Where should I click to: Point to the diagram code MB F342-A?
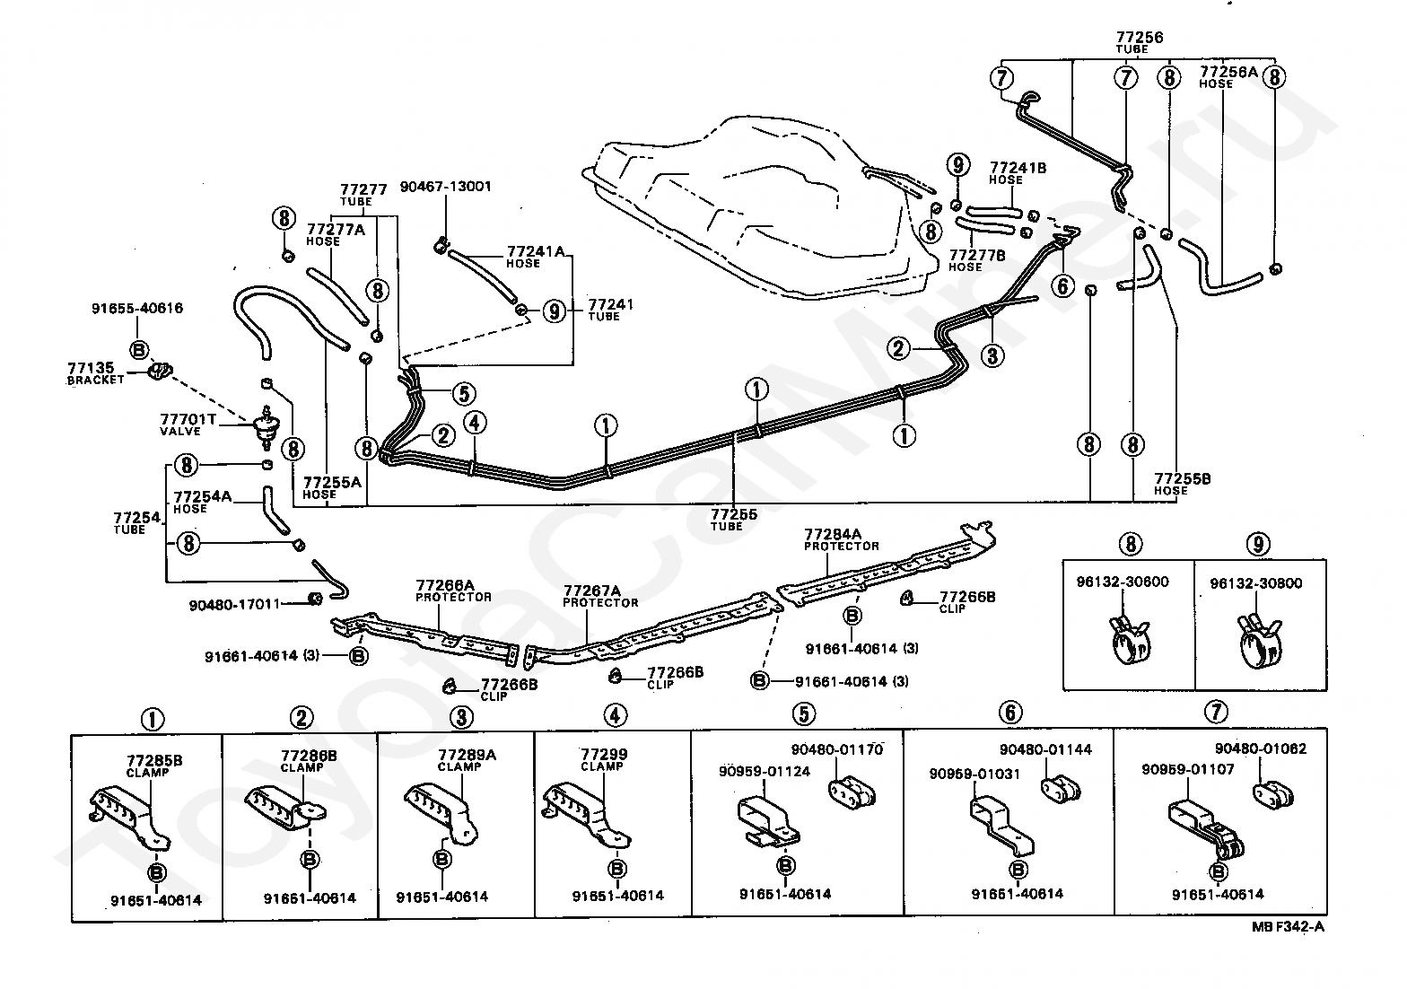(x=1288, y=928)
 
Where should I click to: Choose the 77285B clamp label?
(x=154, y=765)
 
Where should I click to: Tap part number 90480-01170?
(x=836, y=750)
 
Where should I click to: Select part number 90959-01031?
(x=974, y=774)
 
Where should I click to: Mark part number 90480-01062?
(x=1261, y=748)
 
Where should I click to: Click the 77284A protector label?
(x=841, y=538)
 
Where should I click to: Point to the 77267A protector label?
(x=600, y=595)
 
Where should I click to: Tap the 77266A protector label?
(x=453, y=589)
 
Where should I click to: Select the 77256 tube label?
(x=1139, y=41)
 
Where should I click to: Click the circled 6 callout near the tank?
(x=1062, y=286)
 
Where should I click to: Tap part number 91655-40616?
(x=136, y=308)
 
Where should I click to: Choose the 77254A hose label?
(x=202, y=502)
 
